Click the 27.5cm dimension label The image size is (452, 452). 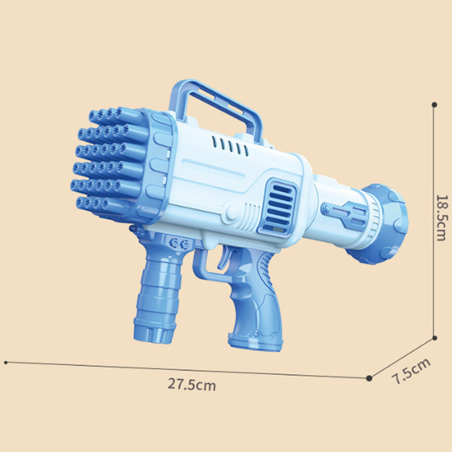tap(192, 384)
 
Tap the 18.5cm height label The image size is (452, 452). tap(442, 218)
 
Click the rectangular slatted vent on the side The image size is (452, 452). tap(277, 207)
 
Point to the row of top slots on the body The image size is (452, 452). tap(230, 146)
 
